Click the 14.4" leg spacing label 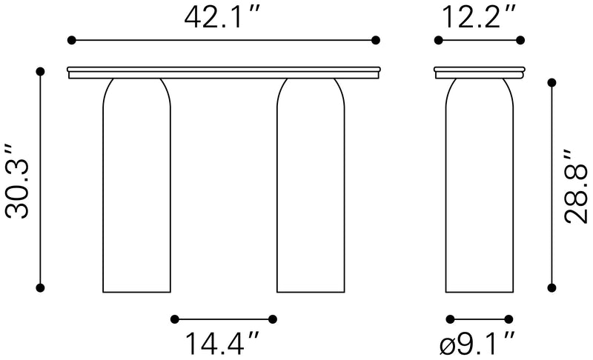tap(222, 344)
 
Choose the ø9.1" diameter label tap(478, 344)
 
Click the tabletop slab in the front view tap(223, 70)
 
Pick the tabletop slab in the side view tap(479, 70)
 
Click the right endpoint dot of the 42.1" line tap(377, 40)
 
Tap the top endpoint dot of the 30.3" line tap(41, 72)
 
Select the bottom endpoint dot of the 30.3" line tap(41, 287)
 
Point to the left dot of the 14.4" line tap(174, 319)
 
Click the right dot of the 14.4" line tap(273, 319)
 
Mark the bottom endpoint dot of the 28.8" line tap(551, 287)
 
